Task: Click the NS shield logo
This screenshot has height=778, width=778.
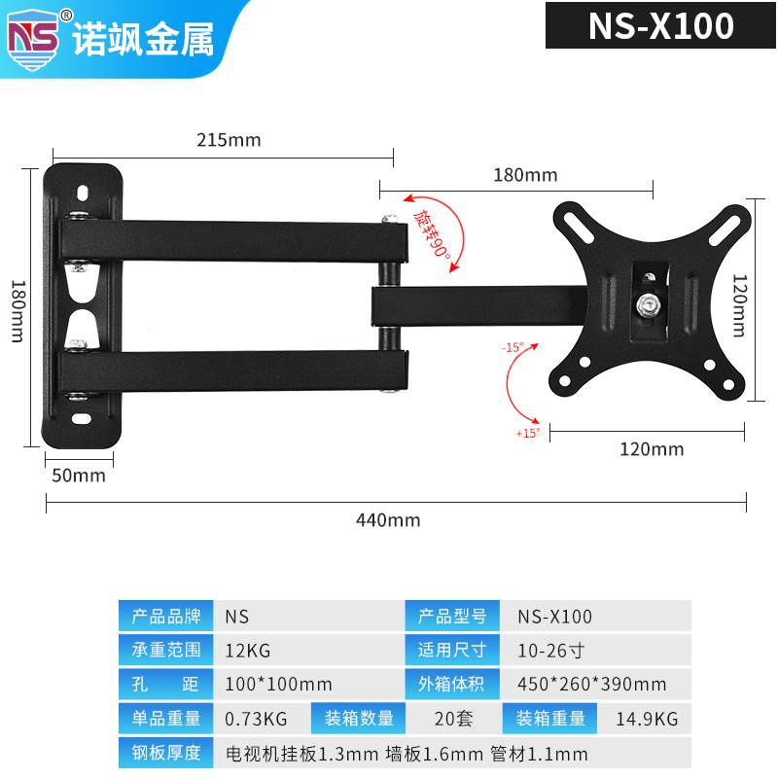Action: [34, 36]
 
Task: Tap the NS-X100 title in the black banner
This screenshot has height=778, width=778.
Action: [660, 26]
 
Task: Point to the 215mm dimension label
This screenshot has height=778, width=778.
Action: [229, 140]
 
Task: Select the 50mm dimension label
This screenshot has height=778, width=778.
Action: [78, 476]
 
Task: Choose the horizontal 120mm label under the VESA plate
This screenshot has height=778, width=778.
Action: [652, 449]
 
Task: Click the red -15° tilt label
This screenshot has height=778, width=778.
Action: [513, 346]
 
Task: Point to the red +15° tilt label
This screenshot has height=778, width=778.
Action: [528, 433]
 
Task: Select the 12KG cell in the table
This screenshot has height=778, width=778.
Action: [244, 650]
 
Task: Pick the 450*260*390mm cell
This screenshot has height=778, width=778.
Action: [591, 684]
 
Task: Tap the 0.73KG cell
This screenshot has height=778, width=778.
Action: [255, 719]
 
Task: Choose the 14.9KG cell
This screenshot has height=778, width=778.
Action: [646, 719]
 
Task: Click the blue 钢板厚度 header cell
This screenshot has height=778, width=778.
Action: [165, 754]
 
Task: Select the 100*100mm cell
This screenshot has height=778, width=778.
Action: [278, 684]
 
